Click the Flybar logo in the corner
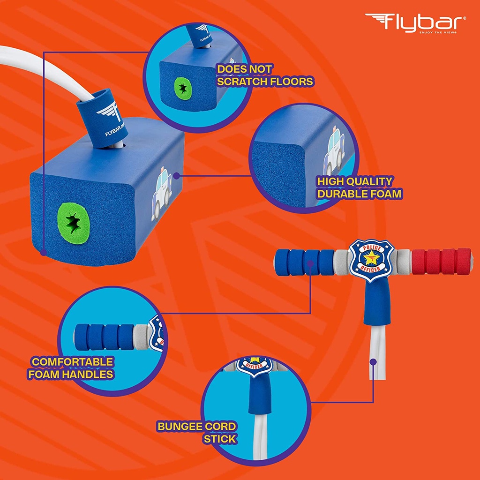415,23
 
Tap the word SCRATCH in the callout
238,82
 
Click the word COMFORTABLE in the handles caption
73,362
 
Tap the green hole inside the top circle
183,89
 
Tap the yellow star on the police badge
372,258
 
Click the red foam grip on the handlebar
442,262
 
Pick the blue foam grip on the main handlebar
305,262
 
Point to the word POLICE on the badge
372,248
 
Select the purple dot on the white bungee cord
373,362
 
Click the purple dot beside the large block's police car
176,176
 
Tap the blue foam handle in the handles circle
105,337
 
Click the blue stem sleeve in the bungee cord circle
260,394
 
